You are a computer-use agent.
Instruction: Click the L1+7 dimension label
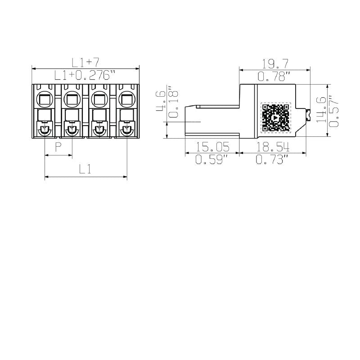tap(85, 62)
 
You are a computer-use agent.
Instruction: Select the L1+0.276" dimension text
tap(85, 75)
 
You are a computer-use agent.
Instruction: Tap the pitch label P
tap(58, 147)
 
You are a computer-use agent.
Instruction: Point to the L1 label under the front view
tap(85, 169)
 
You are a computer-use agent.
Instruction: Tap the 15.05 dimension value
tap(211, 147)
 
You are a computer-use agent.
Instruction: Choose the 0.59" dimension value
tap(211, 159)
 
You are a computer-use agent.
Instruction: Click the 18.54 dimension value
tap(272, 147)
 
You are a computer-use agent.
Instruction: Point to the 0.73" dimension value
tap(272, 159)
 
